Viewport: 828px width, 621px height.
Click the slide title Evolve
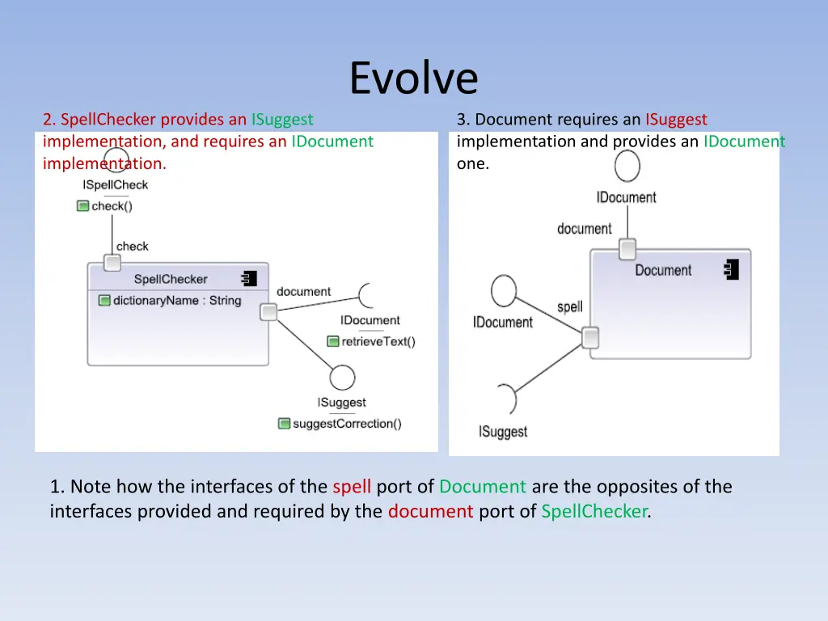(x=414, y=78)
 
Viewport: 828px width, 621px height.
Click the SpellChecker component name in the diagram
(x=171, y=279)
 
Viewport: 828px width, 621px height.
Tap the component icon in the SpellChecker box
(x=249, y=279)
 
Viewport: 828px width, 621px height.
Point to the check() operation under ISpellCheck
(x=112, y=206)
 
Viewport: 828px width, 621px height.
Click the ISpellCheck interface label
(x=116, y=185)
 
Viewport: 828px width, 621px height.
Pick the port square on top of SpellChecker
(x=112, y=263)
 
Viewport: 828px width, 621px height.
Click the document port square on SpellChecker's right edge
(x=268, y=312)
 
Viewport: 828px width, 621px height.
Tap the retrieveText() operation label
(x=378, y=341)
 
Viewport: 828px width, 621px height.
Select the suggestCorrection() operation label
(x=347, y=424)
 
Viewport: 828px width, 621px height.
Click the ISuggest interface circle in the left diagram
(x=342, y=378)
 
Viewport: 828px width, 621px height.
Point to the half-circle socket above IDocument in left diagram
(x=366, y=296)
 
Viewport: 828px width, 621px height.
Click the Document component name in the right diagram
(x=663, y=271)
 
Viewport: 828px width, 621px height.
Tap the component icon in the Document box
(x=732, y=269)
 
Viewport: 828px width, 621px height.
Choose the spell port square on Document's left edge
(x=590, y=337)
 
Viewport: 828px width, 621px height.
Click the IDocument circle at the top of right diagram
(x=627, y=166)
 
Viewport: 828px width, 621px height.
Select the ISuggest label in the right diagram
(x=503, y=432)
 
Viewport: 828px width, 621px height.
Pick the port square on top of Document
(x=627, y=249)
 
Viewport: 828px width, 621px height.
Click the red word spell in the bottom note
(x=352, y=487)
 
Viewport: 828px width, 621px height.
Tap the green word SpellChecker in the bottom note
(x=594, y=511)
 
